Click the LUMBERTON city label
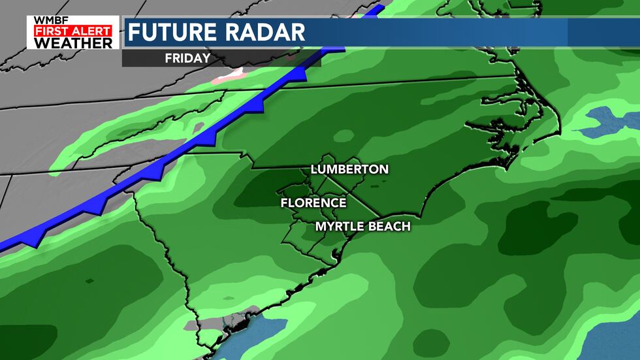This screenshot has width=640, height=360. (x=349, y=169)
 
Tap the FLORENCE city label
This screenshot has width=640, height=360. (x=313, y=203)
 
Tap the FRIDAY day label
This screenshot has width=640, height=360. (x=187, y=57)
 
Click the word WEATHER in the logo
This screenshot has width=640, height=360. (x=73, y=42)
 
